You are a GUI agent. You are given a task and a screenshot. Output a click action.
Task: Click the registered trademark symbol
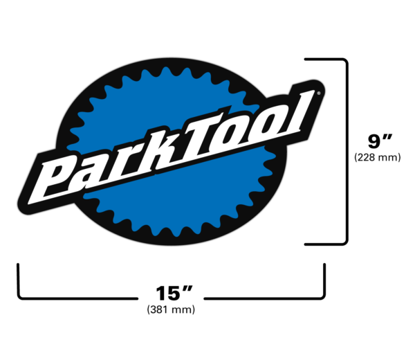pos(318,92)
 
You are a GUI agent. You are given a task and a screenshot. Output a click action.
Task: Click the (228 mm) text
pos(377,157)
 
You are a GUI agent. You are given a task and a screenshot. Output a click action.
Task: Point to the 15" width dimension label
pos(171,291)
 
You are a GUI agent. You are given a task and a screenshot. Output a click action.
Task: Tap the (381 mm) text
pos(171,309)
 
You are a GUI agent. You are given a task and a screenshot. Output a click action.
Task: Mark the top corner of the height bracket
pos(344,61)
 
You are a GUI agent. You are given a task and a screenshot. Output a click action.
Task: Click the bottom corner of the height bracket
pos(344,242)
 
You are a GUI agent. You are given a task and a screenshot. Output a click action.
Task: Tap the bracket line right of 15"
pos(263,299)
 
